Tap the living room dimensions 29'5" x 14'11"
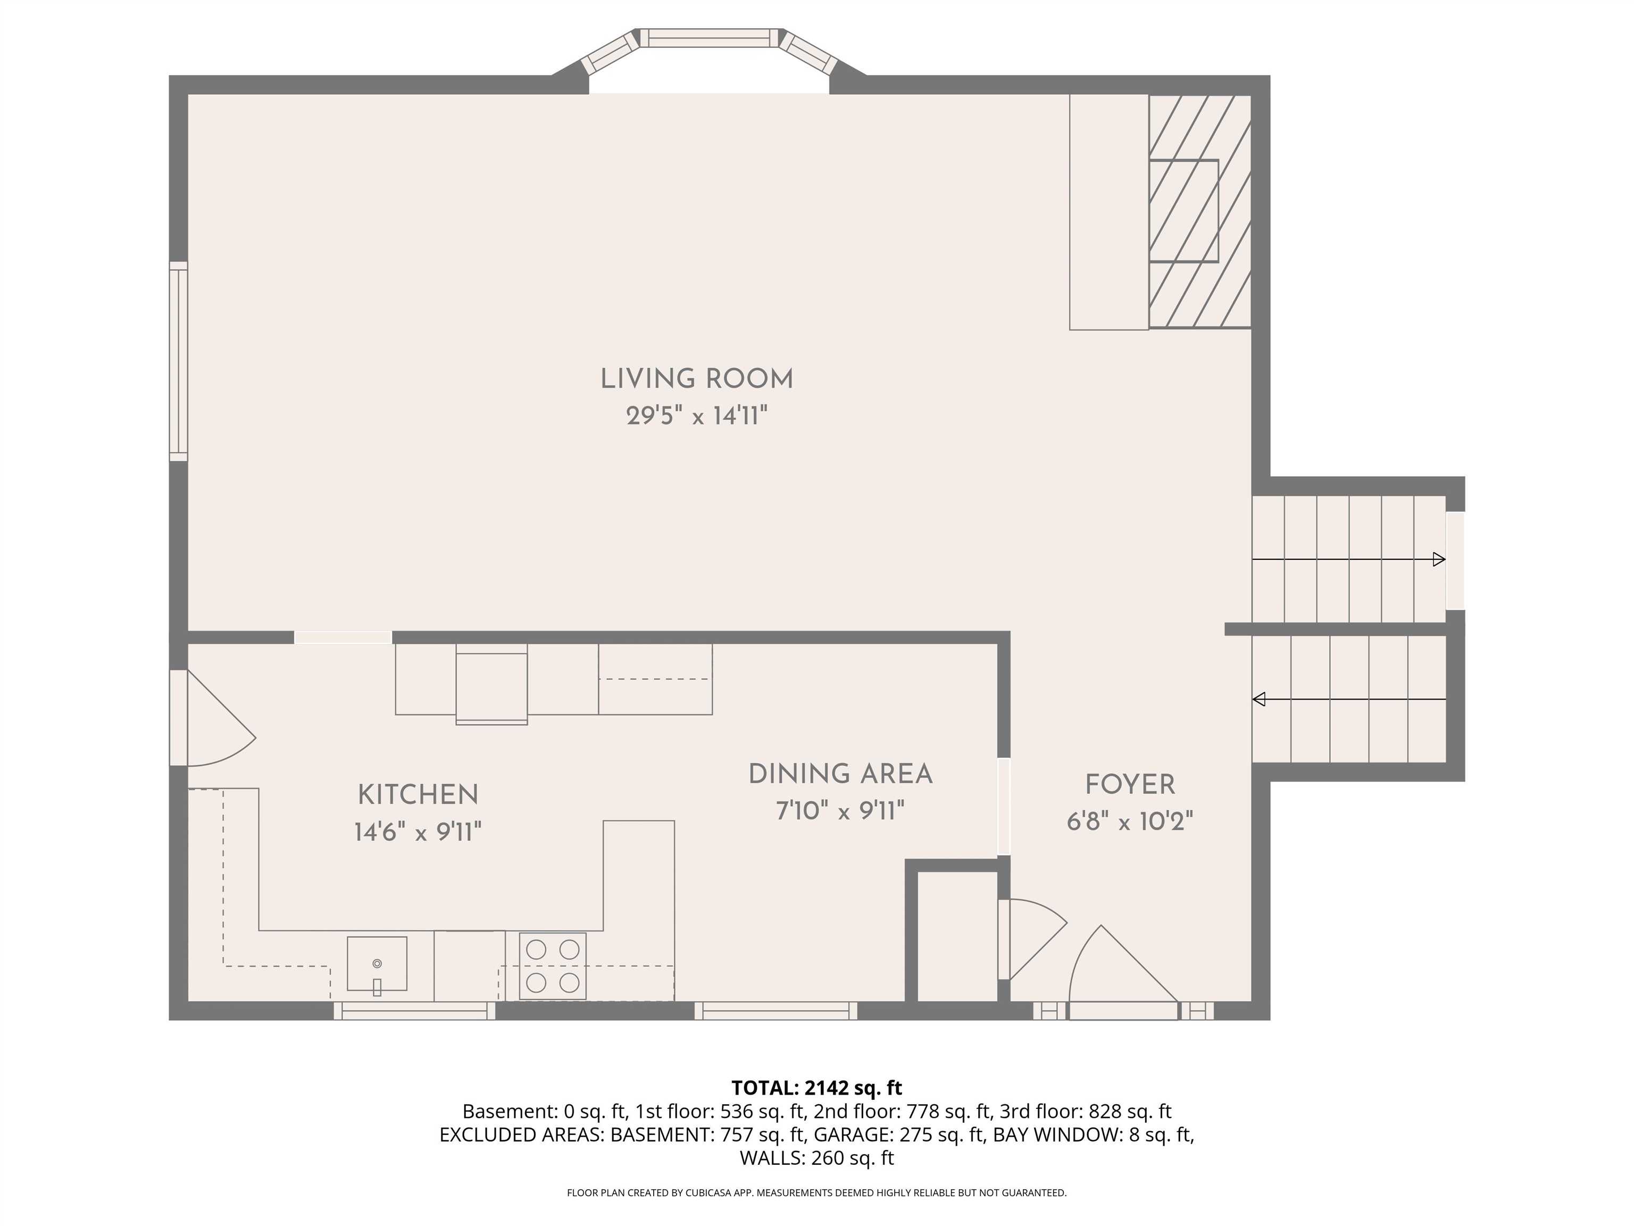(x=697, y=416)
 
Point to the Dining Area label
(x=840, y=774)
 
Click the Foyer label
(x=1129, y=784)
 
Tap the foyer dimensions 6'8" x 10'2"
(x=1129, y=821)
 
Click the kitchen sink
(x=377, y=964)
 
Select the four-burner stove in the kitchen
(x=553, y=966)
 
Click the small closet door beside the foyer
(x=1030, y=939)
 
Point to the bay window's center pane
(x=709, y=38)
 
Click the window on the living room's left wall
(x=178, y=361)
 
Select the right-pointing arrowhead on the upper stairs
(x=1438, y=559)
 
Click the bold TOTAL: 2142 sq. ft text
(x=816, y=1088)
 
